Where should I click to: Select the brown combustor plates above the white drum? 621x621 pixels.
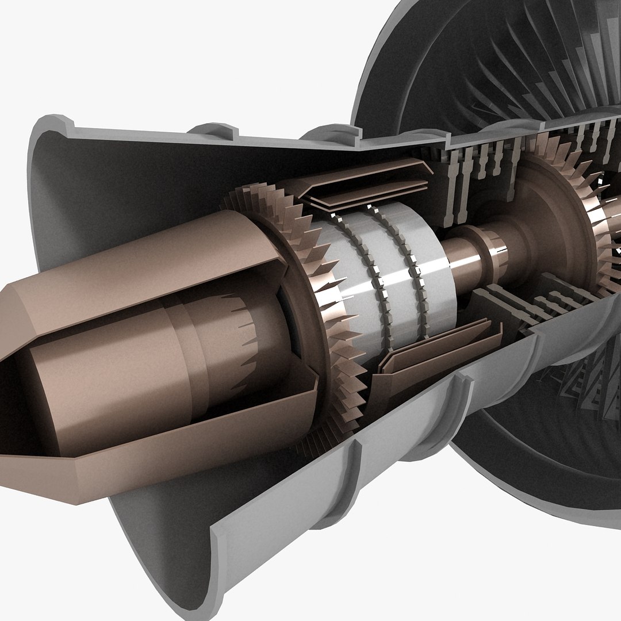click(x=368, y=184)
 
